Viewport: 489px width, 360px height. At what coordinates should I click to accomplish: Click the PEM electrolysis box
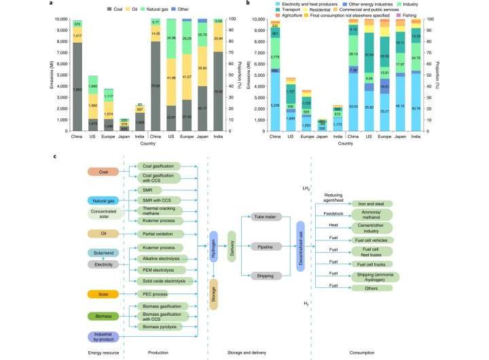[x=158, y=270]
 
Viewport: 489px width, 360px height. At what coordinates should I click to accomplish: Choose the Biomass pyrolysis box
[x=158, y=327]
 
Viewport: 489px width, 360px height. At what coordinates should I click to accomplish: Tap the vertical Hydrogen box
[x=213, y=251]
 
